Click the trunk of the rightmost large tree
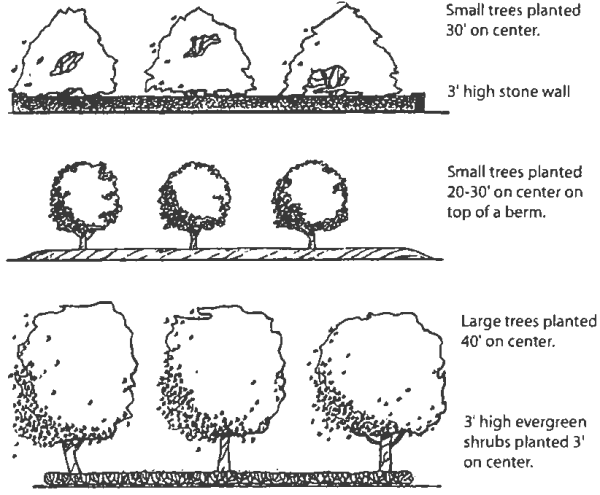[385, 454]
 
